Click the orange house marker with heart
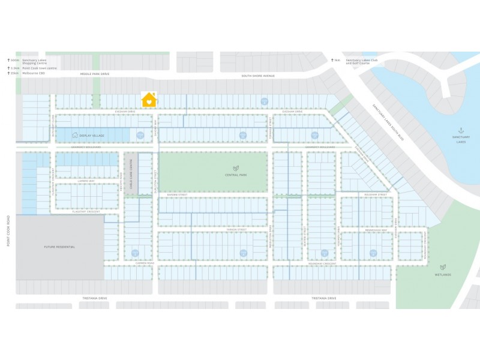coord(149,100)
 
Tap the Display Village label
coord(92,136)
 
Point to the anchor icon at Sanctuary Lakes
coord(461,130)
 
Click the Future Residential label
coord(59,247)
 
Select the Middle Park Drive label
coord(95,74)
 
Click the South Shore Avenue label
coord(257,76)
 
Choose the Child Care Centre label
coord(130,173)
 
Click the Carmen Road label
coord(145,263)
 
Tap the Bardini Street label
coord(178,195)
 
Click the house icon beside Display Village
coord(76,136)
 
